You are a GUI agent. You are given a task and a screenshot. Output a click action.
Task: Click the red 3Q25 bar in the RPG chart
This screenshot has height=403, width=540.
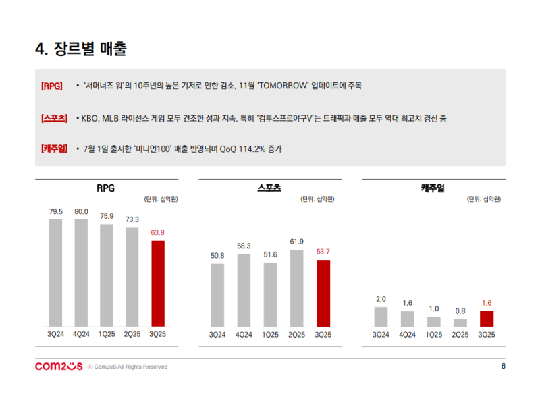coord(157,284)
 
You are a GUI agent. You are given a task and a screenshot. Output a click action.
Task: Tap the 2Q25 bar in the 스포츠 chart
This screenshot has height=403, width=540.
coord(296,288)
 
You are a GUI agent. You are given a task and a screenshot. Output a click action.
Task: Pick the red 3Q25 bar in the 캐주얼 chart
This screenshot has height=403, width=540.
coord(486,319)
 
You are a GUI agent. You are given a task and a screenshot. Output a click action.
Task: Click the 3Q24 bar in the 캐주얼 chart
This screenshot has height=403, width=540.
coord(381,317)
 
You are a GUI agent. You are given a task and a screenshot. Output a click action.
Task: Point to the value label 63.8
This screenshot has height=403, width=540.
coord(157,232)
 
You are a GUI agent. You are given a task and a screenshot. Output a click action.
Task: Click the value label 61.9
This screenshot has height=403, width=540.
coord(296,242)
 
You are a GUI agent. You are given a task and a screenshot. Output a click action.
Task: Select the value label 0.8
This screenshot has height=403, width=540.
coord(460,311)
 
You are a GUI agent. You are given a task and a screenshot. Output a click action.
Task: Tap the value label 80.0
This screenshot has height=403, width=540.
coord(81,211)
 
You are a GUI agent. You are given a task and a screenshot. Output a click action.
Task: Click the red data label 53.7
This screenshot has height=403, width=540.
coord(323,252)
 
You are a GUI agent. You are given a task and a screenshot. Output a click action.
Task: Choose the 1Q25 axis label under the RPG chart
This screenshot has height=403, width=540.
coord(107,334)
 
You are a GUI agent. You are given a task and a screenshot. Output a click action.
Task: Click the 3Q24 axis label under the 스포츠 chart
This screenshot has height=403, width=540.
coord(217,334)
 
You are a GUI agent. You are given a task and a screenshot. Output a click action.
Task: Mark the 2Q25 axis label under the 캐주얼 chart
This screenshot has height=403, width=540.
coord(460,334)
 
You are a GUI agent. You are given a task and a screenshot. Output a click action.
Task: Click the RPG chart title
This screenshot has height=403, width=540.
coord(106,188)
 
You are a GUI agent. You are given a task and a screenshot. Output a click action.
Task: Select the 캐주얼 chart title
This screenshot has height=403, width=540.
coord(433,188)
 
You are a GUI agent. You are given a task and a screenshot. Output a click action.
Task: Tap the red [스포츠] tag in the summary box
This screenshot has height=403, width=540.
coord(53,118)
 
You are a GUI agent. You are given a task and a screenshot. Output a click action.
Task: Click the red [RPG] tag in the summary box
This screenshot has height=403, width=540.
coord(52,86)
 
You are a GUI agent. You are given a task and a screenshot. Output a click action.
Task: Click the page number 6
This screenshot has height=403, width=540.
coord(503,366)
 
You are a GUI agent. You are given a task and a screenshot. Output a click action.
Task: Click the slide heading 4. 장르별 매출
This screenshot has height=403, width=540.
coord(81,49)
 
